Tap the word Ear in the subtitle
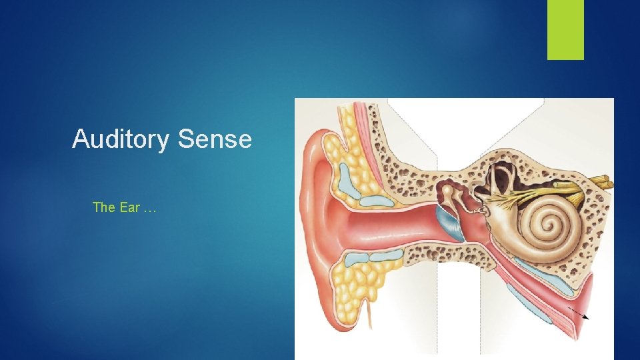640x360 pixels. pyautogui.click(x=130, y=207)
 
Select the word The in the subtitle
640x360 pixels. pyautogui.click(x=104, y=207)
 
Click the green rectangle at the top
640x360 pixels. pyautogui.click(x=565, y=29)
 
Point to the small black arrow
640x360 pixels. pyautogui.click(x=579, y=314)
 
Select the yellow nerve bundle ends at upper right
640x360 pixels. pyautogui.click(x=603, y=181)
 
